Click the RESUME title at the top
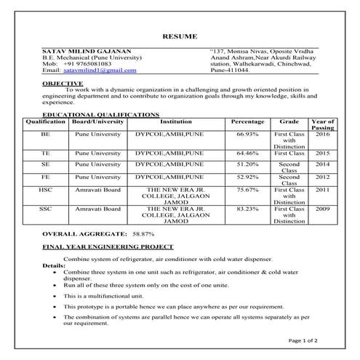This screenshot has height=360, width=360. coord(180,36)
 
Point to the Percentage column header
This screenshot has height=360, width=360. coord(247,121)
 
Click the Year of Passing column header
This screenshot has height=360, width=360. coord(323,124)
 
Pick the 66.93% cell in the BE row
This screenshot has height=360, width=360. coord(247,135)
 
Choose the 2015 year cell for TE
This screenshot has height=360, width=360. coord(323,154)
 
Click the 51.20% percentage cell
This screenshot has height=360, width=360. coord(247,165)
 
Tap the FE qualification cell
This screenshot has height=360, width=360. coord(45,177)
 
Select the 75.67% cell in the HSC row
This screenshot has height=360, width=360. coord(247,189)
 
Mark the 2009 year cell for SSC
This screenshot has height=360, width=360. coord(323,209)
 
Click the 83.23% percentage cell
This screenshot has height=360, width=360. coord(247,209)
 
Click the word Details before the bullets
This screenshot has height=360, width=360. coord(53,266)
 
